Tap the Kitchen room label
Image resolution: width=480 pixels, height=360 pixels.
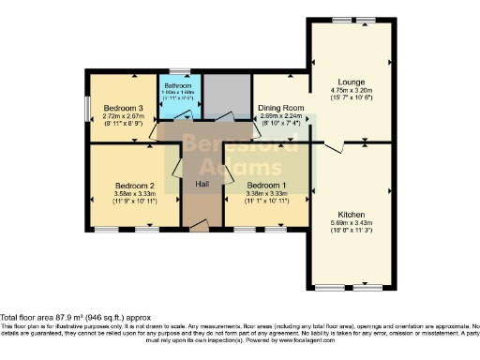(x=352, y=214)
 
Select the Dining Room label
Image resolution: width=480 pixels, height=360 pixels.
(x=277, y=108)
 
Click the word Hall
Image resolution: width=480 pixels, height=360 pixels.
(x=202, y=184)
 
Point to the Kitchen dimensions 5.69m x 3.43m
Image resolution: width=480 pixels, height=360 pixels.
(x=352, y=223)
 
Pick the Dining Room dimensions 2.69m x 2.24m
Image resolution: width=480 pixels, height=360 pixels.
(x=277, y=115)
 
